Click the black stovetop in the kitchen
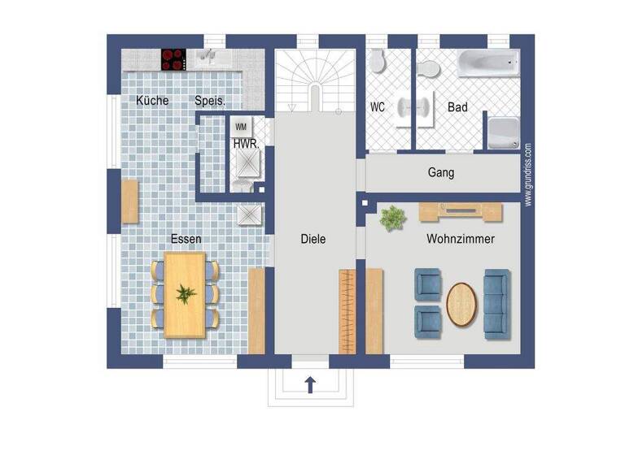pyautogui.click(x=173, y=58)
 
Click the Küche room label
pyautogui.click(x=152, y=101)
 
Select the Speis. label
pyautogui.click(x=209, y=101)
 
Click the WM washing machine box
pyautogui.click(x=240, y=127)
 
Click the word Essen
pyautogui.click(x=186, y=239)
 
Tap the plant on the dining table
pyautogui.click(x=186, y=293)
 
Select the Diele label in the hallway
pyautogui.click(x=312, y=239)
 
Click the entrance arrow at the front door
pyautogui.click(x=310, y=385)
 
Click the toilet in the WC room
pyautogui.click(x=377, y=62)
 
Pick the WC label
pyautogui.click(x=378, y=107)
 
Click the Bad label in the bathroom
pyautogui.click(x=457, y=107)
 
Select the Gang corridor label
pyautogui.click(x=440, y=173)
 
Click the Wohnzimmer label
pyautogui.click(x=461, y=239)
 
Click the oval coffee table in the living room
pyautogui.click(x=463, y=303)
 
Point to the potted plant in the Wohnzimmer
pyautogui.click(x=393, y=217)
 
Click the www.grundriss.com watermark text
pyautogui.click(x=527, y=174)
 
